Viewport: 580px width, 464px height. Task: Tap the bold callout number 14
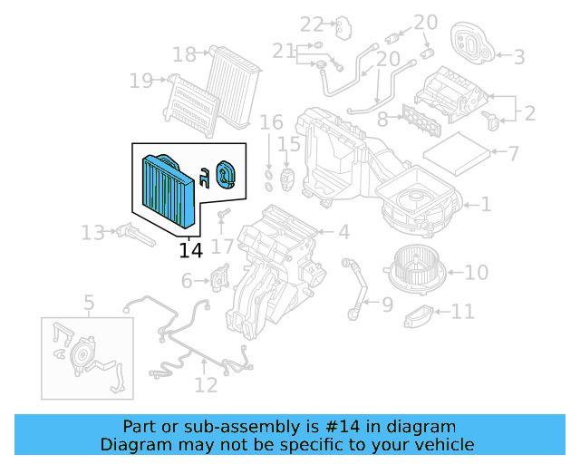[191, 250]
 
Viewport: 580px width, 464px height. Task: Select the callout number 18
[184, 55]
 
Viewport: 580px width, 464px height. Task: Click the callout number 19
[141, 82]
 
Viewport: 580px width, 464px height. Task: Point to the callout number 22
[312, 24]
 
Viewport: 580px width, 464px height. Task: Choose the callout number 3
[519, 57]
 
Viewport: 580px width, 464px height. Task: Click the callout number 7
[513, 154]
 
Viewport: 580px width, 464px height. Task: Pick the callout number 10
[477, 272]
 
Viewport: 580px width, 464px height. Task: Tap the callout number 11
[462, 312]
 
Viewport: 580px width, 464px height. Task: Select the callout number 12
[206, 385]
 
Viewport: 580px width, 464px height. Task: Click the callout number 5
[89, 302]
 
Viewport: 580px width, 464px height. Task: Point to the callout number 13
[92, 234]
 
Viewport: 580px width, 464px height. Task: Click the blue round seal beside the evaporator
[225, 173]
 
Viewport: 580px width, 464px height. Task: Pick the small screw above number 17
[223, 214]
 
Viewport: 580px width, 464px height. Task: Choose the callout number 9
[387, 304]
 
